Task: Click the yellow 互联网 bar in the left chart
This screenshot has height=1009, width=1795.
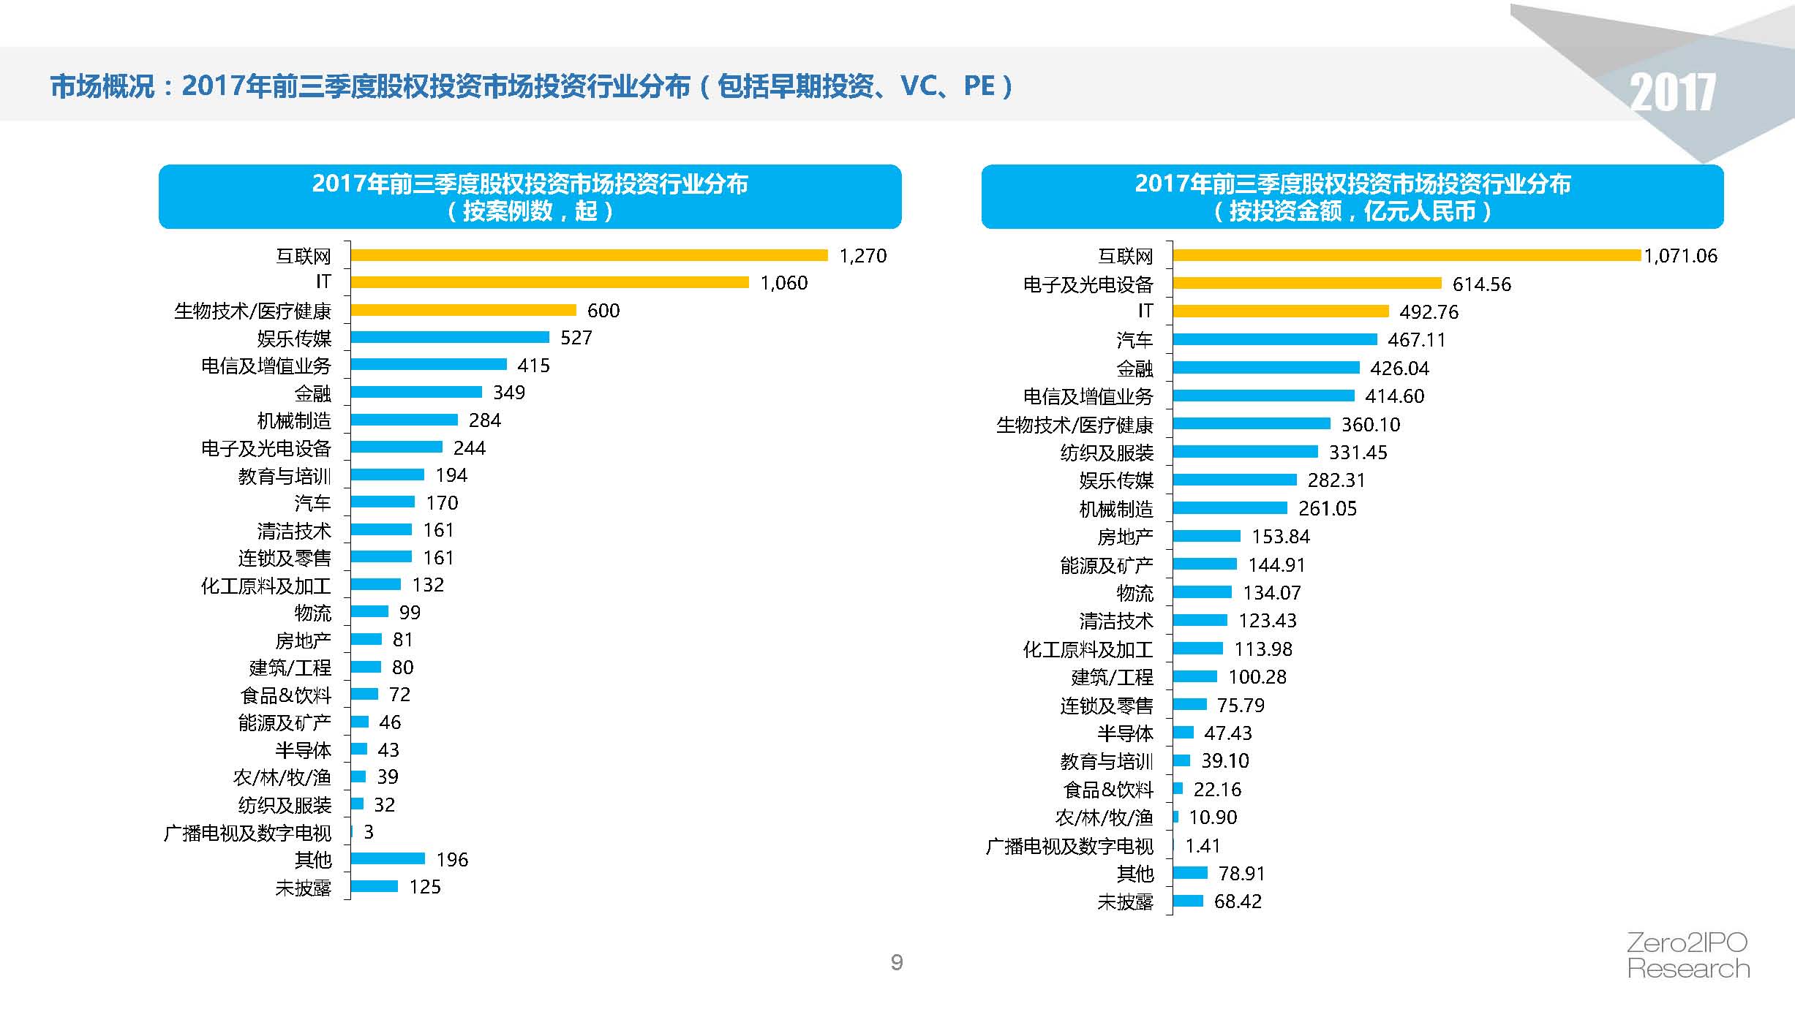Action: tap(589, 255)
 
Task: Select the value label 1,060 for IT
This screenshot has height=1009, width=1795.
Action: tap(784, 283)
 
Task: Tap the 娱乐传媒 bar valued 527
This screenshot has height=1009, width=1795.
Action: tap(450, 337)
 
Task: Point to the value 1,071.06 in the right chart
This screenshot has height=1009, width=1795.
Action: tap(1681, 256)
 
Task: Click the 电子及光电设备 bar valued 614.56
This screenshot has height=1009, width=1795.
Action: tap(1307, 283)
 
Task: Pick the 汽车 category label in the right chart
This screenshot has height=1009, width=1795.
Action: tap(1134, 340)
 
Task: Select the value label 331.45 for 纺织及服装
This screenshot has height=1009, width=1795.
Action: tap(1358, 453)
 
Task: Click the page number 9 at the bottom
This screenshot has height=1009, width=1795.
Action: tap(897, 962)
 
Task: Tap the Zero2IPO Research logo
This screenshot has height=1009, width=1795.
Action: tap(1688, 956)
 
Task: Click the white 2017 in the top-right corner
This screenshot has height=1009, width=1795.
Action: tap(1672, 93)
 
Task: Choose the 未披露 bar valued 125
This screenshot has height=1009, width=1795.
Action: tap(375, 886)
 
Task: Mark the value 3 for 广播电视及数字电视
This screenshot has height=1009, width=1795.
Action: tap(369, 832)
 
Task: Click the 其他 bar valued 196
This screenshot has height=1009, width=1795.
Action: tap(388, 858)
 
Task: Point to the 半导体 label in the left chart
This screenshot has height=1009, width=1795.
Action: tap(303, 750)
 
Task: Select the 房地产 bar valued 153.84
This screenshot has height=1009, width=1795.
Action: tap(1207, 536)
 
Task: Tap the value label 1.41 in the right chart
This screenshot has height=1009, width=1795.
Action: tap(1203, 846)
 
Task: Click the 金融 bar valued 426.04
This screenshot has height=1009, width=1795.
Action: tap(1266, 367)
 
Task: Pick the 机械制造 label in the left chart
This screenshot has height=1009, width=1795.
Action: tap(294, 421)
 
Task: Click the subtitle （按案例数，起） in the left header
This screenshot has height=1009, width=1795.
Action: tap(530, 211)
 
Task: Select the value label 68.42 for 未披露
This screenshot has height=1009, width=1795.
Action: tap(1238, 902)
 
